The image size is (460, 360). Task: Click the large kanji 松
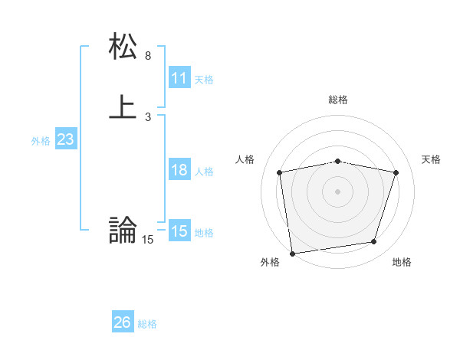coord(123,47)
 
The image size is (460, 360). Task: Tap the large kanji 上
coord(123,106)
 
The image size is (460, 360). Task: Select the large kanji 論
coord(123,230)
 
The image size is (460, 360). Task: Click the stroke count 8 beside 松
coord(148,56)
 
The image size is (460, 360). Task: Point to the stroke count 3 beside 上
coord(148,116)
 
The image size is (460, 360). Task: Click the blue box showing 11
coord(179,78)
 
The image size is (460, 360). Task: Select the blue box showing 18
coord(179,170)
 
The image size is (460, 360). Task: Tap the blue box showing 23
coord(65,139)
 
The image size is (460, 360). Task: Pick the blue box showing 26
coord(122,322)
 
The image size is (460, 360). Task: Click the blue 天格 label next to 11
coord(204,80)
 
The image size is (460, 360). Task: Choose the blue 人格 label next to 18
coord(204,172)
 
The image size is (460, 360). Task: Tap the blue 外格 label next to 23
coord(41,141)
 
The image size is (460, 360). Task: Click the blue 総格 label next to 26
coord(147,324)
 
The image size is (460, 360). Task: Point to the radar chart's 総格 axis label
coord(338,100)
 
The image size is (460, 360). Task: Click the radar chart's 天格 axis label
coord(432,159)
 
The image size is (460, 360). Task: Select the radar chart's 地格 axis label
coord(402,262)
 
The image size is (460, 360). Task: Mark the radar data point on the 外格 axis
coord(292,253)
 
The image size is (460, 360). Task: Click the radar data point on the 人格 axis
coord(280,172)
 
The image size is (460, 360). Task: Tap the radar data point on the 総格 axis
coord(338,161)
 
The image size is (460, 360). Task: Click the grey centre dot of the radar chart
coord(338,191)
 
